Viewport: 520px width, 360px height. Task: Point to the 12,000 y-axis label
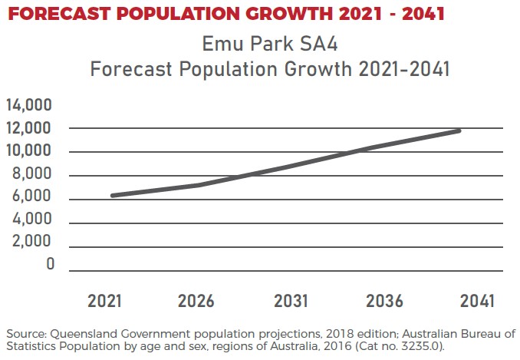point(28,128)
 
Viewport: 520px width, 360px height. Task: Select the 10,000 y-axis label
point(28,151)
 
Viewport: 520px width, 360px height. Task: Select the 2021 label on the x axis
point(105,301)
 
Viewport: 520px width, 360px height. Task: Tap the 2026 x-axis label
point(196,301)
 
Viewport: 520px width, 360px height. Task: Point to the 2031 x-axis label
point(291,301)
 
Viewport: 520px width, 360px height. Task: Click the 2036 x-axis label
point(385,301)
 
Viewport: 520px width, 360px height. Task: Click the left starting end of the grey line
point(113,196)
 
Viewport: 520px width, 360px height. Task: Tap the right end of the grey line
point(459,130)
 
